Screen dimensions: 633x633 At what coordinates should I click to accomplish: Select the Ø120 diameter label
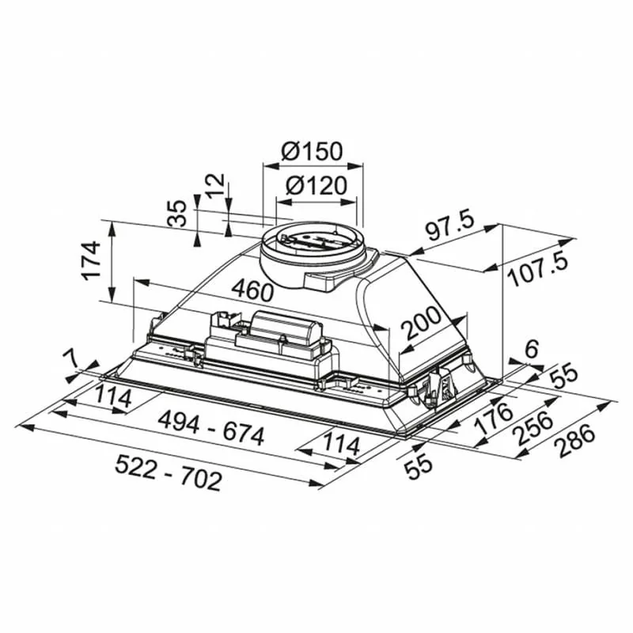pyautogui.click(x=316, y=187)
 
